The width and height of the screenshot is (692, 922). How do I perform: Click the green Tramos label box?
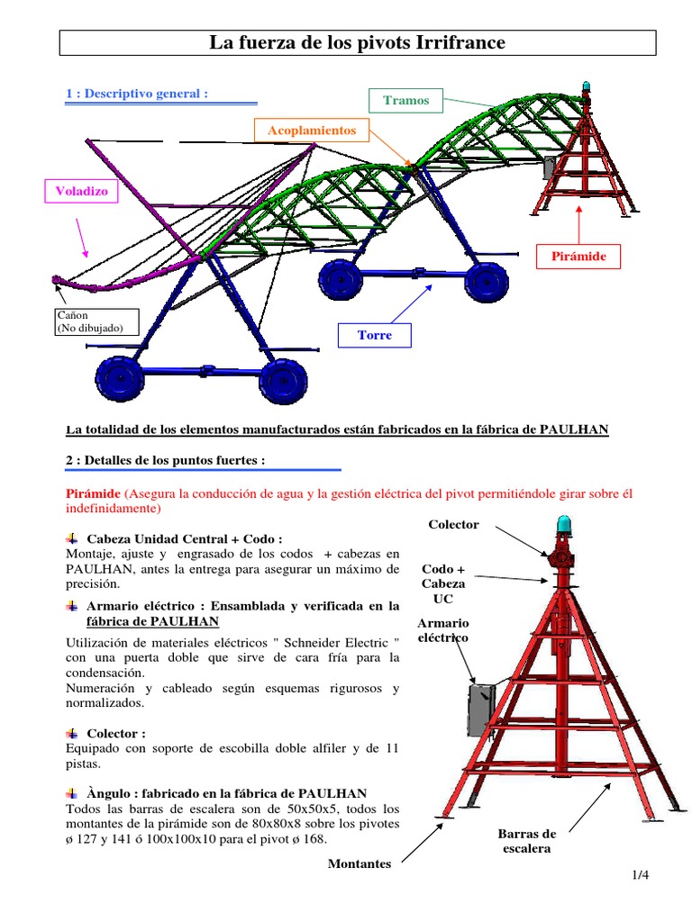(406, 100)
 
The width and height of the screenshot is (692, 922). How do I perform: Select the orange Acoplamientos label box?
(312, 131)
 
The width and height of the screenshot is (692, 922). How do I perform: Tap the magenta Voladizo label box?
(81, 192)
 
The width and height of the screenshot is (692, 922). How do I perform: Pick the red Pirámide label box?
(584, 257)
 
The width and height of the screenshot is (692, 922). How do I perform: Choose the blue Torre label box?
(374, 335)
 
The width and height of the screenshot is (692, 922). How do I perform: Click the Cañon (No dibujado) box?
(97, 321)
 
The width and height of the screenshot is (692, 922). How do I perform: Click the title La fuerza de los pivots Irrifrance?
(358, 42)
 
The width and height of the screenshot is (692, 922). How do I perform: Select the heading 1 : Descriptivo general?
(138, 94)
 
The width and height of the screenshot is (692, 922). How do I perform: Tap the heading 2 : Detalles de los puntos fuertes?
(166, 460)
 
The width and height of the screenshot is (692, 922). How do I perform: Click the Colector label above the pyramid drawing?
(454, 524)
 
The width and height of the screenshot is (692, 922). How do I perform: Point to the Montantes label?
(360, 864)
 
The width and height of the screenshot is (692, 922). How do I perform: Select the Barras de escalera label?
(527, 840)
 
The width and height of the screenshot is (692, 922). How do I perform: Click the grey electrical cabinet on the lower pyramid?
(480, 709)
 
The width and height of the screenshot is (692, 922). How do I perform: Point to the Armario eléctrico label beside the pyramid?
(443, 629)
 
